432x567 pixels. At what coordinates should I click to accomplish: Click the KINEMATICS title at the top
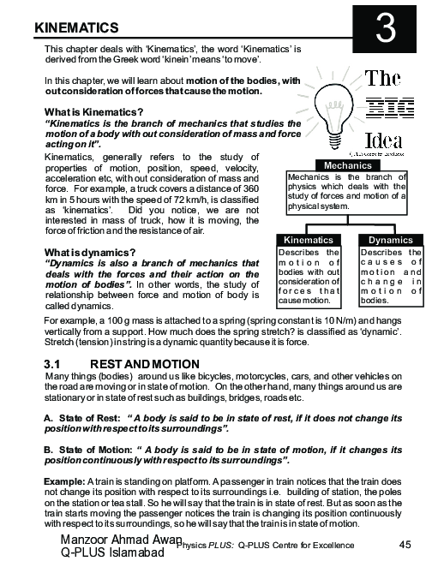[75, 28]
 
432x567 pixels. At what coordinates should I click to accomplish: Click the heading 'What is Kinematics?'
[93, 113]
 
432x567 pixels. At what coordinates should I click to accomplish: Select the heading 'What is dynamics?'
[90, 252]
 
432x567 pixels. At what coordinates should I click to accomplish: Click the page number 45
[407, 546]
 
